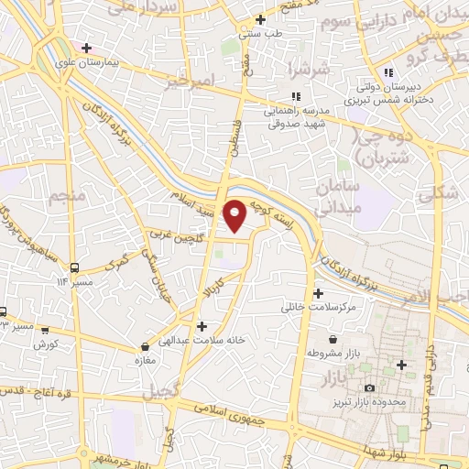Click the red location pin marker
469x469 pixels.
235,213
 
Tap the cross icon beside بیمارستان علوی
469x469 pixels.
87,48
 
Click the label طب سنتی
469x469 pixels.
261,35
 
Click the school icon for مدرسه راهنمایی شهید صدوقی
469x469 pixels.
295,96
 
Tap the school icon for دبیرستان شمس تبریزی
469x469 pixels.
389,72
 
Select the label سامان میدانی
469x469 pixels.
340,197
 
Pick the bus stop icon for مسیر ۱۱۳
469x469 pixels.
75,268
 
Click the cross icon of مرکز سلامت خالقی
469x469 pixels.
318,294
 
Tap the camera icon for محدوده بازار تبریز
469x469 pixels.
370,390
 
